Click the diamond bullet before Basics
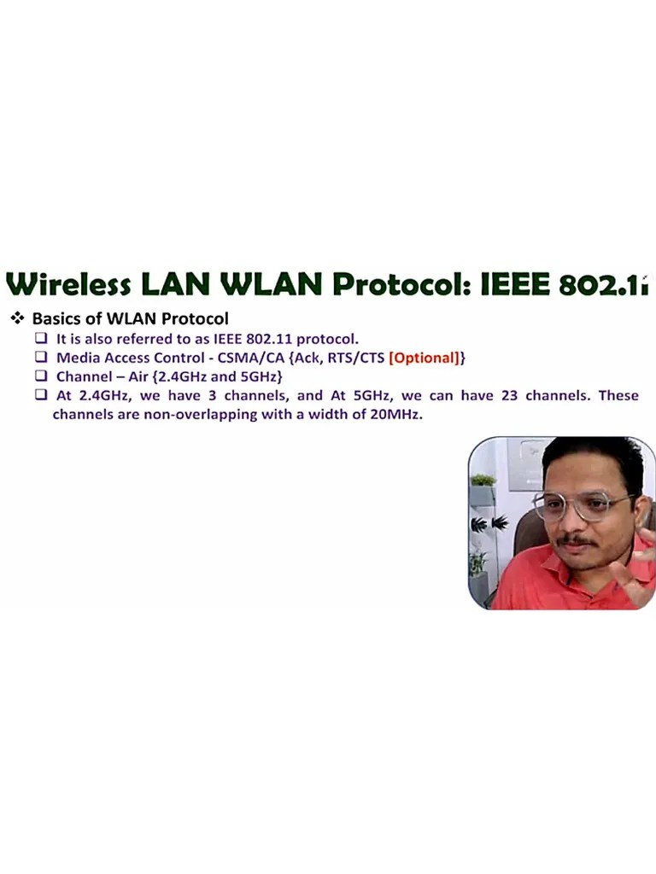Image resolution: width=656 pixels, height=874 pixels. point(17,318)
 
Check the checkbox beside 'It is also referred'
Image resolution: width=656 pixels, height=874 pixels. point(40,339)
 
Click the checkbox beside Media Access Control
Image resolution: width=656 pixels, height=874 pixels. point(40,358)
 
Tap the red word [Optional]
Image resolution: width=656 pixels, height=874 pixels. point(424,358)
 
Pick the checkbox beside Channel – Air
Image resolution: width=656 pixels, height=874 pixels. point(40,376)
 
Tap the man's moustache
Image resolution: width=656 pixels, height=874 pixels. point(577,540)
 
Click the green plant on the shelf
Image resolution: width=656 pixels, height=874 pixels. point(483,480)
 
